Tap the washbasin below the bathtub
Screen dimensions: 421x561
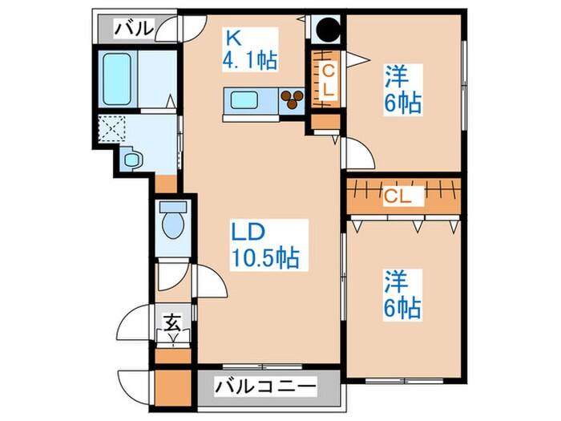click(131, 160)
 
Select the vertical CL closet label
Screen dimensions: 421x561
click(328, 80)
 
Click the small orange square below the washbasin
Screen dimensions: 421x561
click(166, 183)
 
